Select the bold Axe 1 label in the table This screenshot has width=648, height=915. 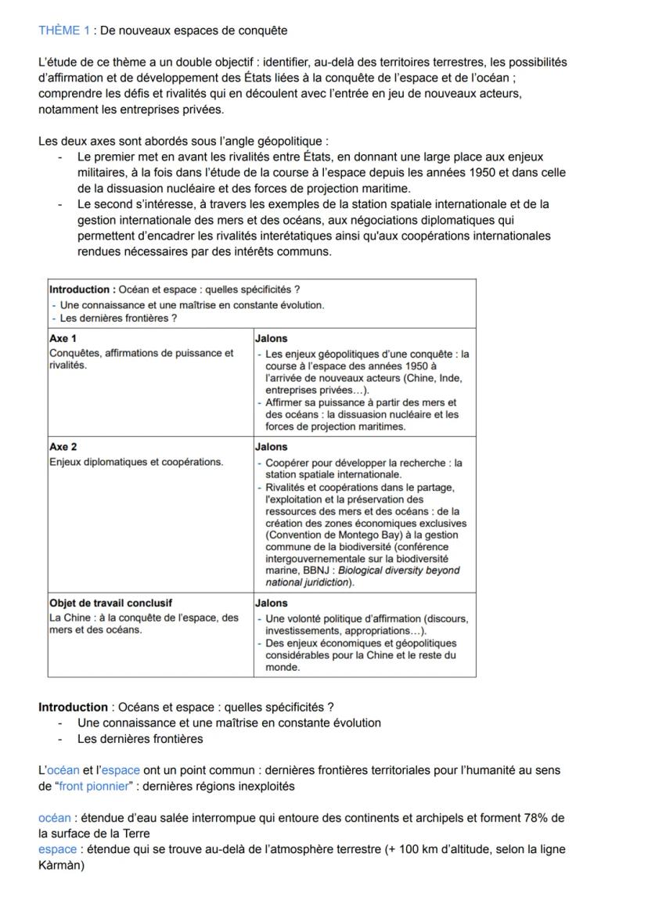tap(63, 339)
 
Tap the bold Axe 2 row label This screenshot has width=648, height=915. tap(63, 447)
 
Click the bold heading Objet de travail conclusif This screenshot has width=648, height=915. tap(110, 603)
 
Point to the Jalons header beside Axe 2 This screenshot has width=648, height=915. tap(272, 447)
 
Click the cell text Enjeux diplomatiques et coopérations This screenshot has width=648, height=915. tap(135, 462)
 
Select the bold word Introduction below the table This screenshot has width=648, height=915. tap(73, 707)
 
